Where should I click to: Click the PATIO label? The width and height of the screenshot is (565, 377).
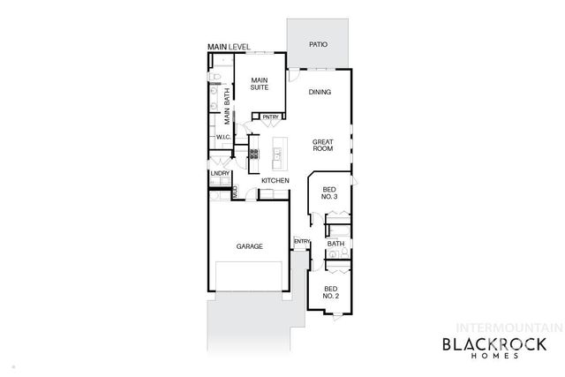318,44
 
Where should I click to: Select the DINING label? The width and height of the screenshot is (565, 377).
320,92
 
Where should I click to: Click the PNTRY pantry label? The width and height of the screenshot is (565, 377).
269,117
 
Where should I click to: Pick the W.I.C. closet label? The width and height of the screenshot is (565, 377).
223,138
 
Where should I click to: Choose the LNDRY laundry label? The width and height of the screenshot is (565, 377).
220,173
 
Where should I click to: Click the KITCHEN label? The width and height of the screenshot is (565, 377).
275,181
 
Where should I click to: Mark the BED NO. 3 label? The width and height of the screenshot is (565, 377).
329,194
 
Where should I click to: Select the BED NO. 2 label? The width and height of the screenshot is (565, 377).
329,292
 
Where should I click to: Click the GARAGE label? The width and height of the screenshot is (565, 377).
249,246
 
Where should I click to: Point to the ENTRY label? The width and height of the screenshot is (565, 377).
302,241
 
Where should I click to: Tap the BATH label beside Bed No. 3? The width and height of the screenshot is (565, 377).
335,245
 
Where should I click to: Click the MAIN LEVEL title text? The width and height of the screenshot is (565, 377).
229,46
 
